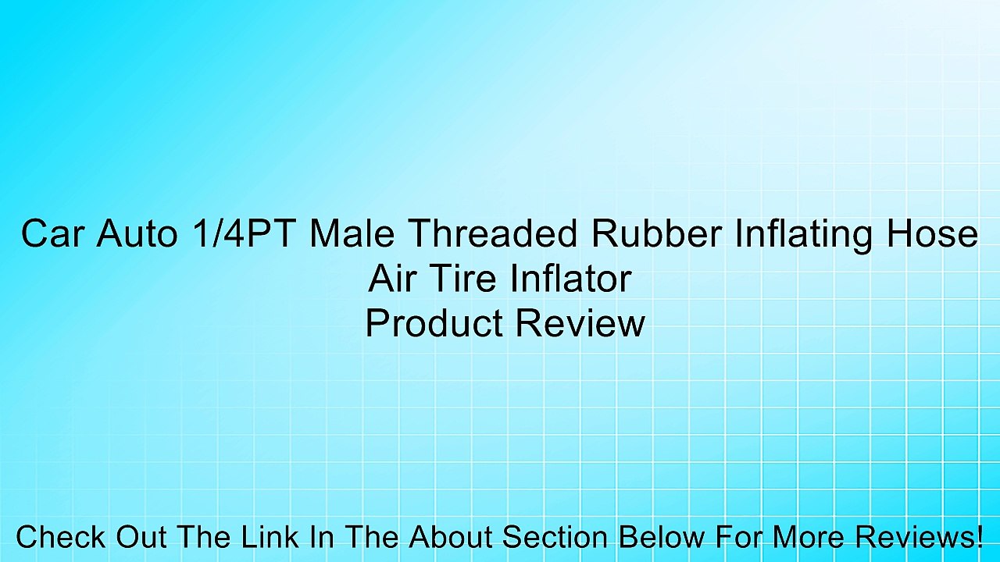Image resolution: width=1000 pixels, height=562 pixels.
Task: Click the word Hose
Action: [937, 234]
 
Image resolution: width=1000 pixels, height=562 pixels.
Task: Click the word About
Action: [450, 537]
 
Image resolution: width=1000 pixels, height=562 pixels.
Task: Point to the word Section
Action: [555, 537]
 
